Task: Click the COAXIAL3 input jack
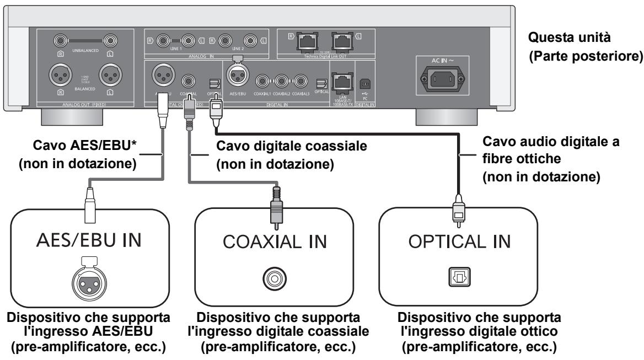click(x=300, y=82)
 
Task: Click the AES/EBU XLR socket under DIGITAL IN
click(x=236, y=81)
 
